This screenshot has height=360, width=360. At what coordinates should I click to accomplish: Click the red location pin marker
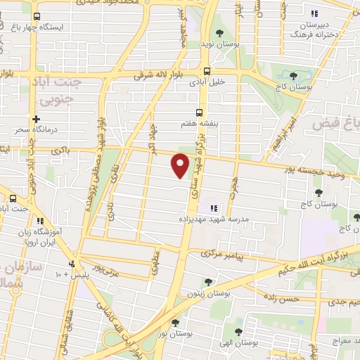pos(181,166)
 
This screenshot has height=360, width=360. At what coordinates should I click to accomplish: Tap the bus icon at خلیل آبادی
pos(207,71)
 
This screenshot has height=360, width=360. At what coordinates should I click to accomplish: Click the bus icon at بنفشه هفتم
pos(200,112)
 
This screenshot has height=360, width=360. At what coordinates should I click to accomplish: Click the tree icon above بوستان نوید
pos(220,32)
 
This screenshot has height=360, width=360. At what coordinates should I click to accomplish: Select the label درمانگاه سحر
pos(36,131)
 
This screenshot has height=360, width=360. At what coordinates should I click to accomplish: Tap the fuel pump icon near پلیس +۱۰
pos(72,265)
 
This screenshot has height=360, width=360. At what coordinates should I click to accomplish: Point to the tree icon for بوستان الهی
pos(238,333)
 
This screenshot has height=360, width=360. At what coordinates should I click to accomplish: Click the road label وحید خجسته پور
pos(303,170)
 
